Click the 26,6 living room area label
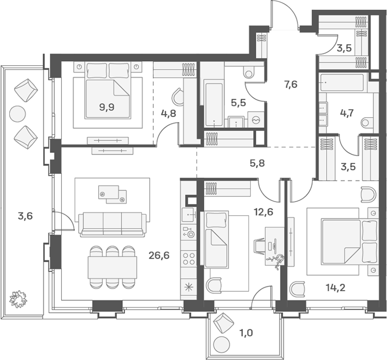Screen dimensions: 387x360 (x=159, y=256)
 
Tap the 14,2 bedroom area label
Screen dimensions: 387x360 (x=336, y=287)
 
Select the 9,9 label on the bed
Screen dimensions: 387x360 (x=107, y=107)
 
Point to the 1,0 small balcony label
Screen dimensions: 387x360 (x=246, y=333)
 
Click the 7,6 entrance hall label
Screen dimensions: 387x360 (x=291, y=84)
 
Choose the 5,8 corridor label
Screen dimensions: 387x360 (x=257, y=163)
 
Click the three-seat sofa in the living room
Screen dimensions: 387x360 (x=112, y=225)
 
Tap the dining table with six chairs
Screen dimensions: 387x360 (x=113, y=267)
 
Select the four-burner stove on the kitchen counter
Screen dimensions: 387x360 (x=188, y=258)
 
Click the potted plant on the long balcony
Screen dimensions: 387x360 (x=18, y=299)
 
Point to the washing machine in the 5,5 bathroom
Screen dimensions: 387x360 (x=256, y=120)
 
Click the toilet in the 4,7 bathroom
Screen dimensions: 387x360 (x=369, y=122)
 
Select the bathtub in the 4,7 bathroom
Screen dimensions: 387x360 (x=342, y=83)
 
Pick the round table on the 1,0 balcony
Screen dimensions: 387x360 (x=222, y=344)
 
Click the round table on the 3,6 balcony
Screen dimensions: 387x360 (x=17, y=114)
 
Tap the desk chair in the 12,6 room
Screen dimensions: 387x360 (x=260, y=246)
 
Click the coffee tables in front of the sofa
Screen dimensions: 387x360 (x=113, y=195)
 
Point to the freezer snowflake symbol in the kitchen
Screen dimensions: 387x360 (x=188, y=287)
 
